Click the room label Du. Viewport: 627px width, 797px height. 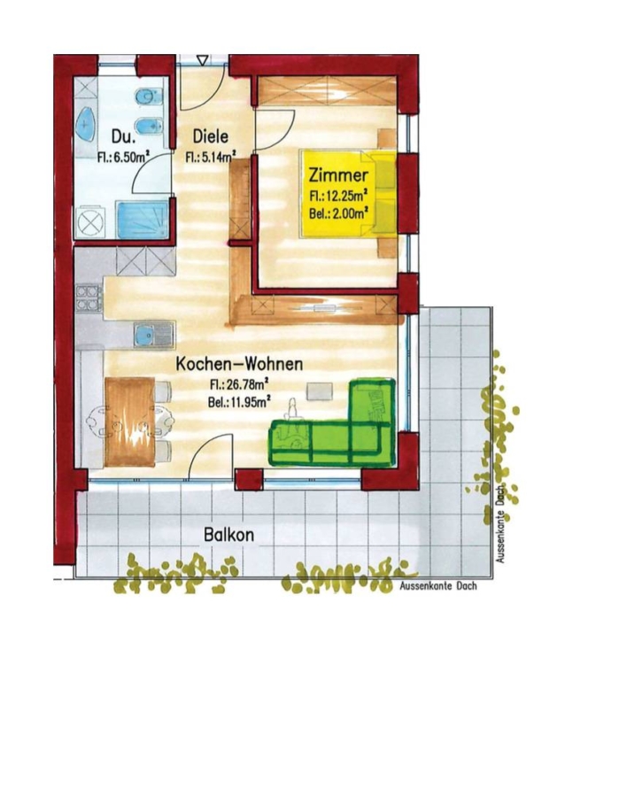pyautogui.click(x=124, y=138)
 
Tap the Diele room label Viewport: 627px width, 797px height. pyautogui.click(x=210, y=136)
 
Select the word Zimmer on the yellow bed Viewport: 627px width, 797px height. pyautogui.click(x=338, y=175)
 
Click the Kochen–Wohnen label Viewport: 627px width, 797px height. pyautogui.click(x=239, y=364)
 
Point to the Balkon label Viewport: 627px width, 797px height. pyautogui.click(x=228, y=535)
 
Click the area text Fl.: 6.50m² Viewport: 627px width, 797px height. pyautogui.click(x=122, y=157)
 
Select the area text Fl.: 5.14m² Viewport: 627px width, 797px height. pyautogui.click(x=210, y=157)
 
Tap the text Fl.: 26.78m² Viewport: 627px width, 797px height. pyautogui.click(x=239, y=384)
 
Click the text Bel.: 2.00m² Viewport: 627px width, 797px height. pyautogui.click(x=338, y=213)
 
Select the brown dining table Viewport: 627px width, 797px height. pyautogui.click(x=129, y=422)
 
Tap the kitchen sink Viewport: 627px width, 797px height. pyautogui.click(x=154, y=336)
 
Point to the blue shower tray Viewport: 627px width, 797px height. pyautogui.click(x=142, y=219)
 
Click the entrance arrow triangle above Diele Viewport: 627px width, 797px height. pyautogui.click(x=203, y=60)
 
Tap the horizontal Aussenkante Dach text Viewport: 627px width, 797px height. pyautogui.click(x=438, y=585)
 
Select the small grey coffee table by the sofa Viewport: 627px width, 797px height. pyautogui.click(x=320, y=391)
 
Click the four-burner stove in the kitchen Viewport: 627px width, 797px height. pyautogui.click(x=89, y=298)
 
